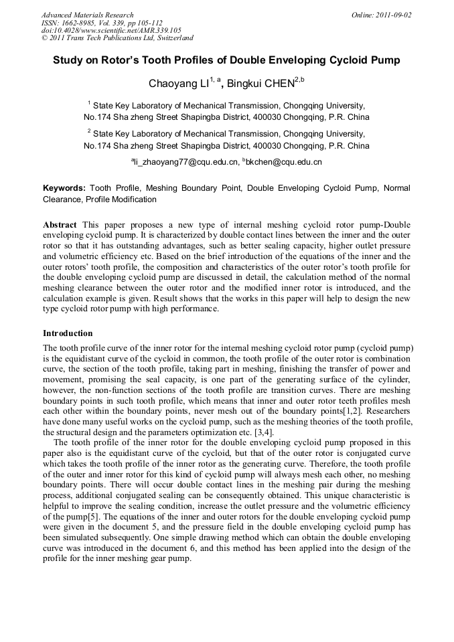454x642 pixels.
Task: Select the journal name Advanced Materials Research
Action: (x=87, y=15)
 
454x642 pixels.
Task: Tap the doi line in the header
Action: (x=111, y=30)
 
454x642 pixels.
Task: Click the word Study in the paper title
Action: (x=70, y=60)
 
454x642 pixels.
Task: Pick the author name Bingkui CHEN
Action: (x=262, y=84)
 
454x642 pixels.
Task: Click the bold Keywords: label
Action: (x=64, y=189)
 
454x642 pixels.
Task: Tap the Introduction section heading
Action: (x=68, y=333)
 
